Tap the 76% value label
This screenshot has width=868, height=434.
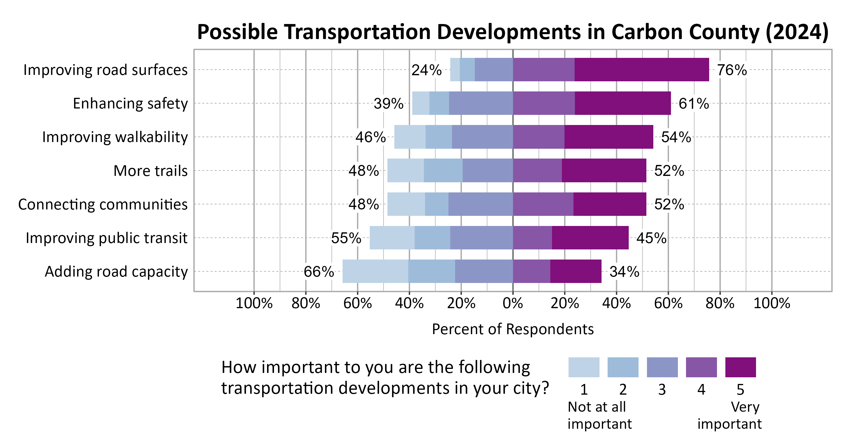click(x=731, y=70)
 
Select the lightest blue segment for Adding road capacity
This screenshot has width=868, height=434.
click(x=375, y=271)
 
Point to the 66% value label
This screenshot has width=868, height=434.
click(x=319, y=272)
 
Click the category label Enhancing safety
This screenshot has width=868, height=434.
click(x=130, y=104)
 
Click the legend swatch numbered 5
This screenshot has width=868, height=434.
click(x=740, y=367)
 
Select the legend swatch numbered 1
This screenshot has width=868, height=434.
click(x=584, y=367)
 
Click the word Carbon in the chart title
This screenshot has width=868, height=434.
click(x=647, y=32)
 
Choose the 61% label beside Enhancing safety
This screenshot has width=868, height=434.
click(x=694, y=104)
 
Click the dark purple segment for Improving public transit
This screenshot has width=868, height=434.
click(x=590, y=238)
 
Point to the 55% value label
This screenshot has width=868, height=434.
click(x=346, y=238)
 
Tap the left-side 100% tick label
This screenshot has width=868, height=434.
click(x=254, y=303)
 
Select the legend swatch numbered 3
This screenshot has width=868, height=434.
click(x=662, y=367)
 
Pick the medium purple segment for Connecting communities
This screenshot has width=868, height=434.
click(x=543, y=204)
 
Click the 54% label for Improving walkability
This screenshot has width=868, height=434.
click(x=676, y=137)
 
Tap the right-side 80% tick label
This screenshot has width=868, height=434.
click(x=720, y=303)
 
